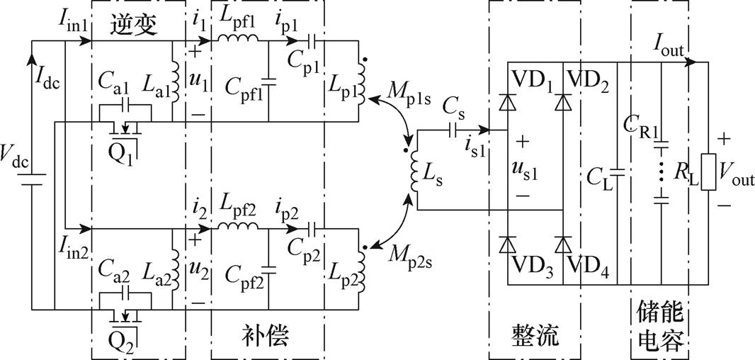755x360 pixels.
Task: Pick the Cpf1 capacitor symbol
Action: click(x=268, y=81)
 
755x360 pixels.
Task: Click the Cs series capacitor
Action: click(x=453, y=130)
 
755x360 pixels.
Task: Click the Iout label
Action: click(x=668, y=47)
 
